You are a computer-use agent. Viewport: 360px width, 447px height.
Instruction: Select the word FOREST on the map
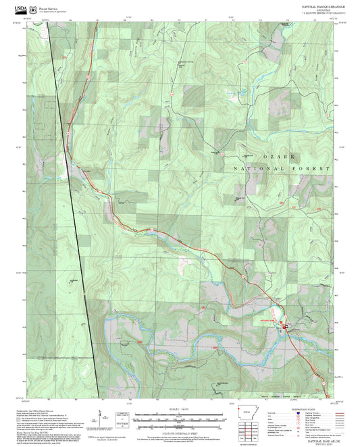tap(311, 167)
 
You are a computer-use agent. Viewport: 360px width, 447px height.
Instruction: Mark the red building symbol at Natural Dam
tap(285, 327)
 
